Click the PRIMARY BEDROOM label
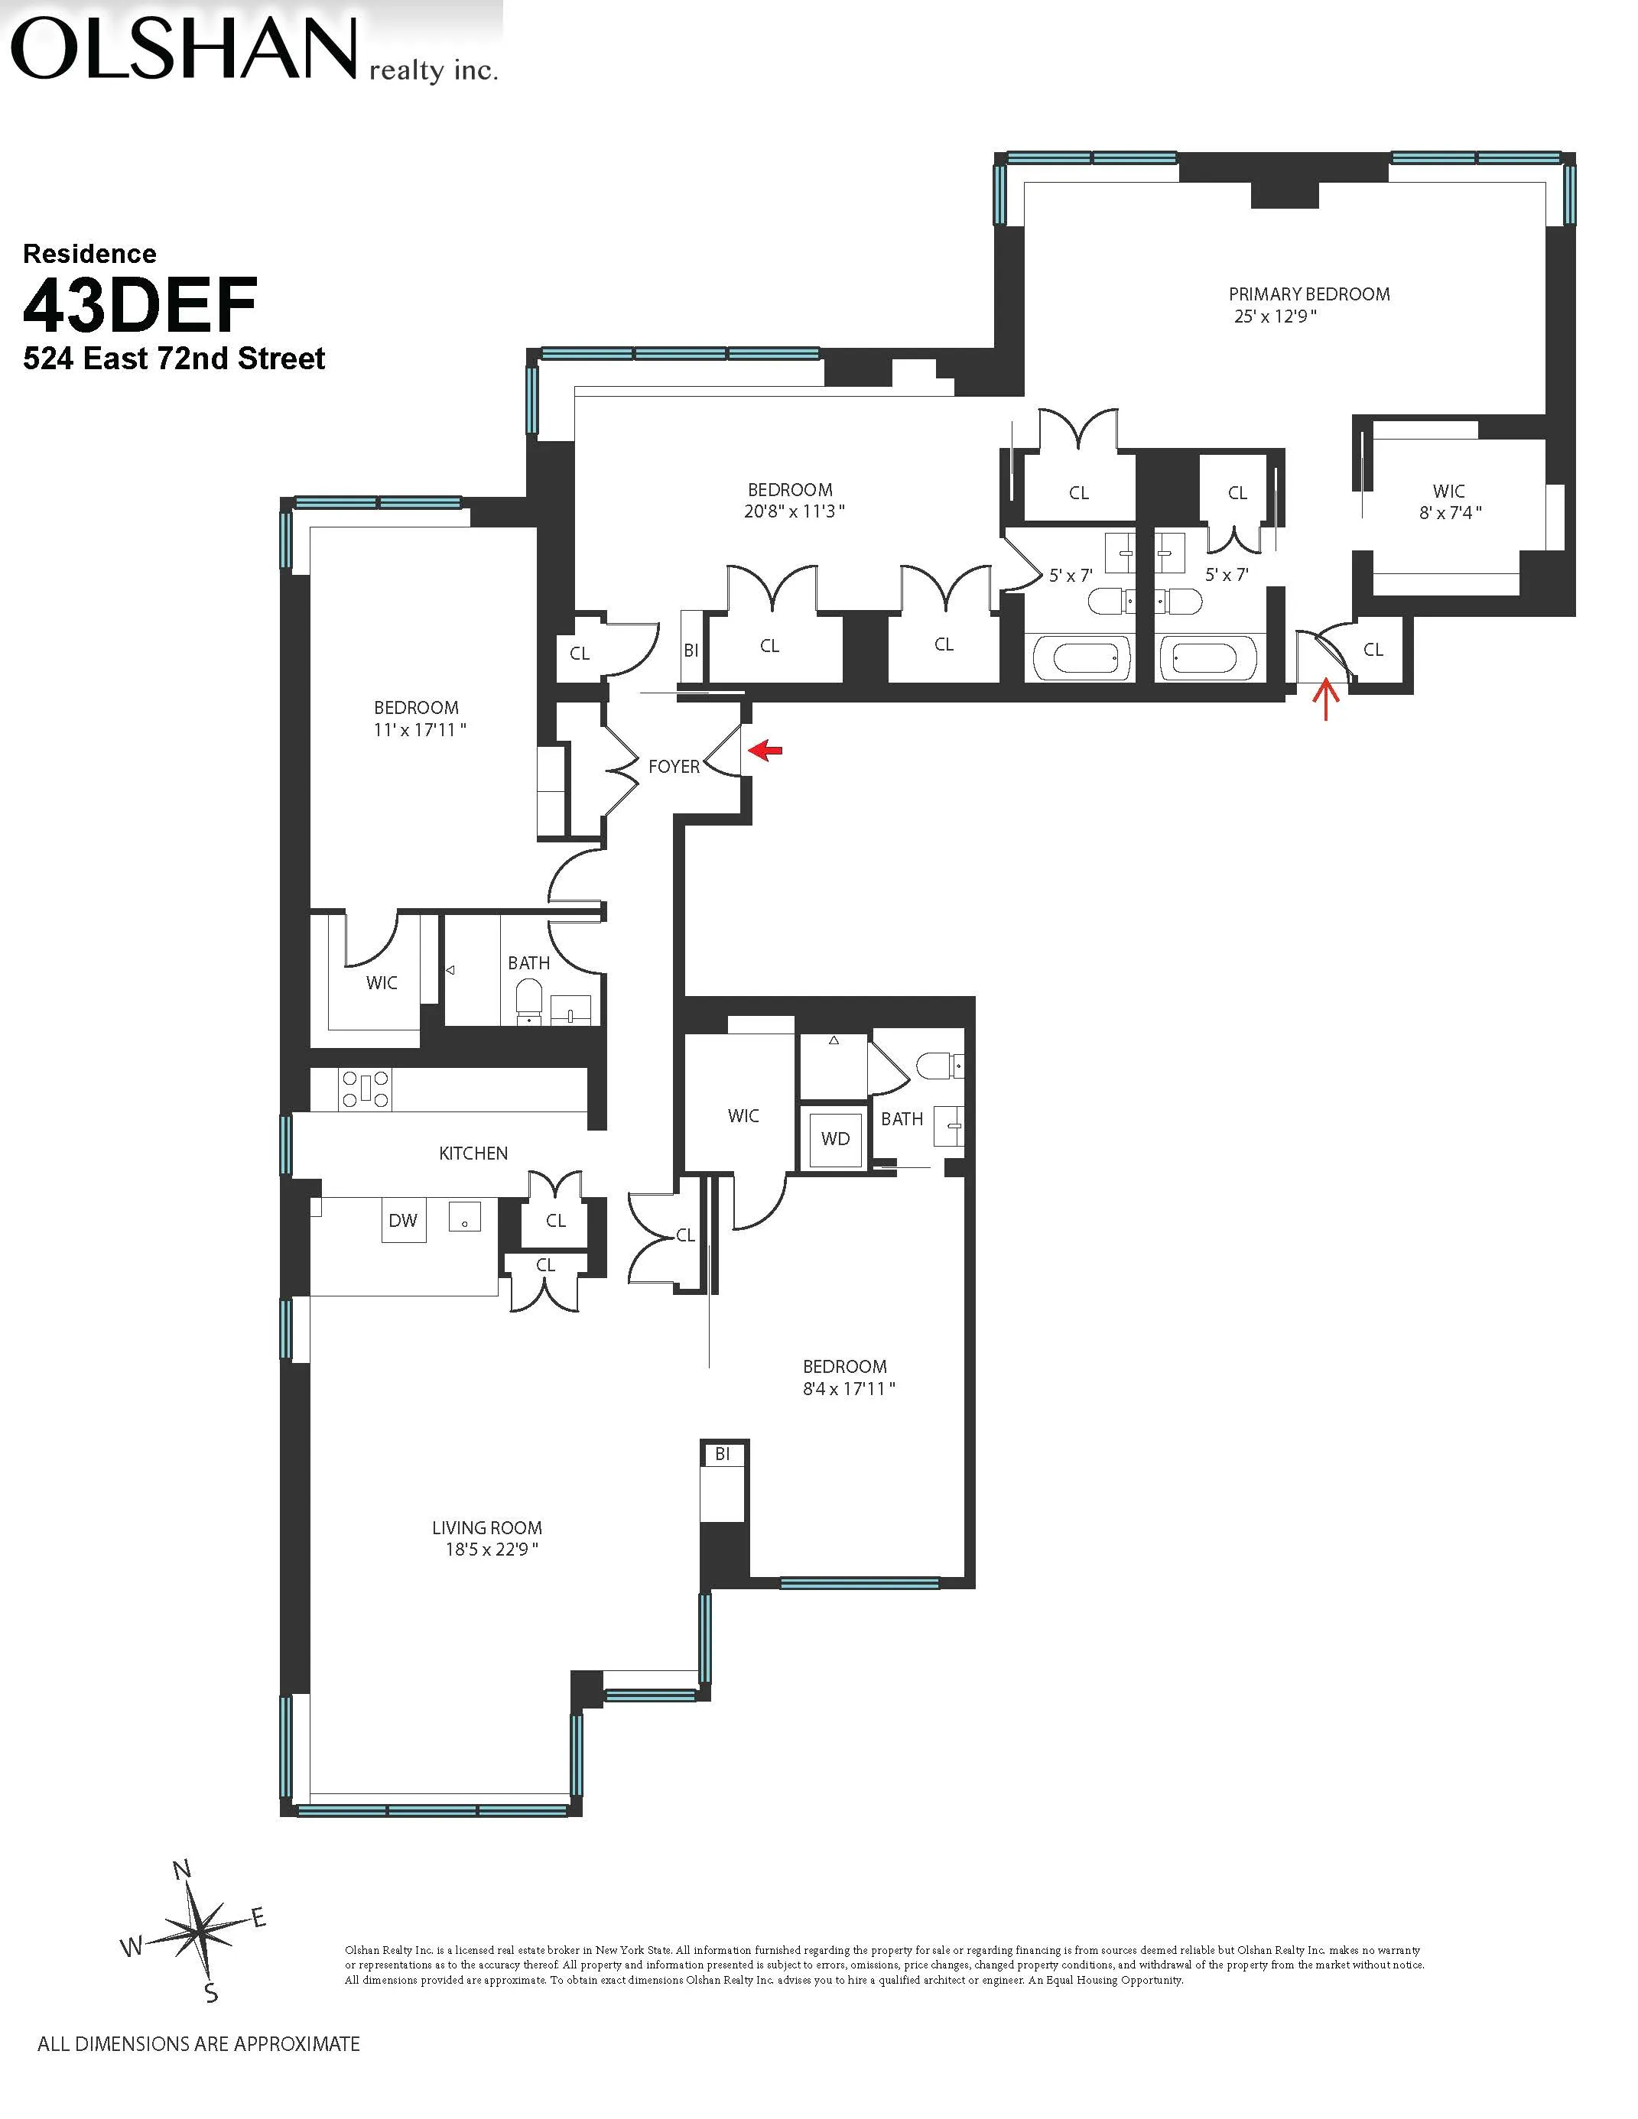(1308, 294)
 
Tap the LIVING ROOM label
(486, 1528)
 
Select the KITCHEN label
(473, 1153)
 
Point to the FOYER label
(674, 767)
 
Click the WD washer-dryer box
(834, 1138)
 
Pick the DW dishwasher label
(403, 1221)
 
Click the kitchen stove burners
(365, 1089)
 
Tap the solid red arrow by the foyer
(766, 749)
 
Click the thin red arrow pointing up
(1325, 699)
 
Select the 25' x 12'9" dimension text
(1274, 316)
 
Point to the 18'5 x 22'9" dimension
(491, 1549)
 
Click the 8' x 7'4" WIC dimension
(1450, 512)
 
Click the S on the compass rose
(210, 1994)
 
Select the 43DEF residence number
(140, 305)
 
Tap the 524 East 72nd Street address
(174, 359)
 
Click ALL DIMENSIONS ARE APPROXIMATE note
(198, 2043)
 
